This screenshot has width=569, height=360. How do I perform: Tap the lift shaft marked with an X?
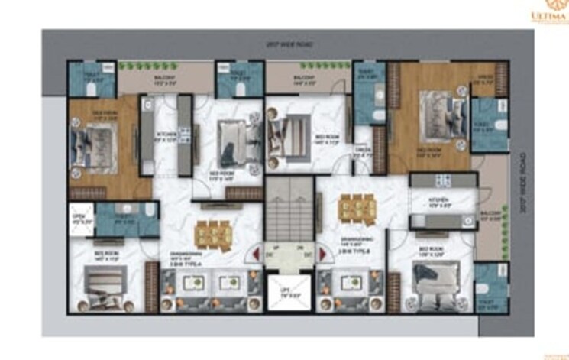point(284,292)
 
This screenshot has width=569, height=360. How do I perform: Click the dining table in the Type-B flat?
point(353,207)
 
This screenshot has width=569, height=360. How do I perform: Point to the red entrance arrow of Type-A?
point(247,255)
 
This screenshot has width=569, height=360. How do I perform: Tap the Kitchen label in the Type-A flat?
point(166,136)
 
